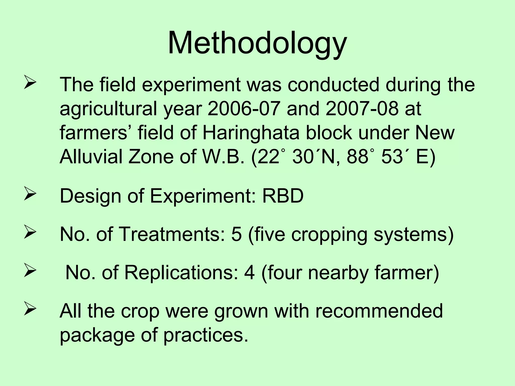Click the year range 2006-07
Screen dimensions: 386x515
pyautogui.click(x=244, y=109)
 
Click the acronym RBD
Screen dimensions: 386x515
pyautogui.click(x=283, y=196)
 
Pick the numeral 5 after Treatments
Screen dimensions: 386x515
pyautogui.click(x=236, y=234)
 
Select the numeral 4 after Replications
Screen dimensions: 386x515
pyautogui.click(x=249, y=272)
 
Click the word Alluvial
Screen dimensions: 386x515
pyautogui.click(x=91, y=156)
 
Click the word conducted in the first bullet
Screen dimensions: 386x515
pyautogui.click(x=333, y=84)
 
